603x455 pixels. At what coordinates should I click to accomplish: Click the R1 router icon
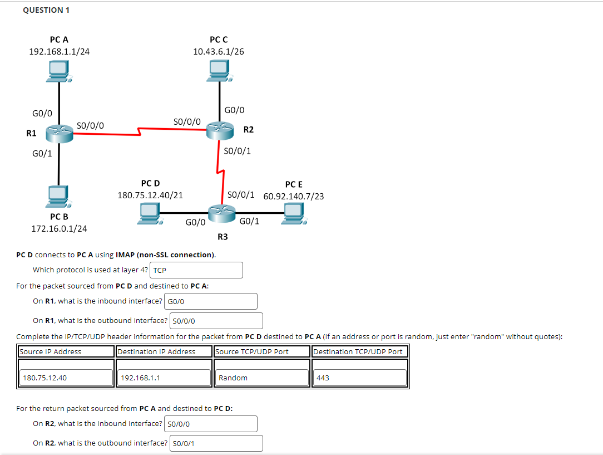pos(59,133)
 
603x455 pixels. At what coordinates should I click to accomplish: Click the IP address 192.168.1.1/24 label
pos(59,52)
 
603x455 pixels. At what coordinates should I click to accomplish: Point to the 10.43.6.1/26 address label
pos(218,52)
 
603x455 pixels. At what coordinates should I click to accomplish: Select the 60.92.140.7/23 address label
pos(294,196)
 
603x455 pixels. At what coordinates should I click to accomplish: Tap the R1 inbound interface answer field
pos(211,301)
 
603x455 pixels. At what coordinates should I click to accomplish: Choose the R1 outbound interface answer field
pos(216,321)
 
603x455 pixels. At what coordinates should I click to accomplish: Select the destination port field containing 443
pos(359,378)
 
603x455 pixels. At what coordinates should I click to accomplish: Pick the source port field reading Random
pos(261,378)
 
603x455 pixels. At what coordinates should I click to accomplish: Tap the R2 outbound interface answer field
pos(216,443)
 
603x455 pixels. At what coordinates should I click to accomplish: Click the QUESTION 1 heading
pos(43,10)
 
